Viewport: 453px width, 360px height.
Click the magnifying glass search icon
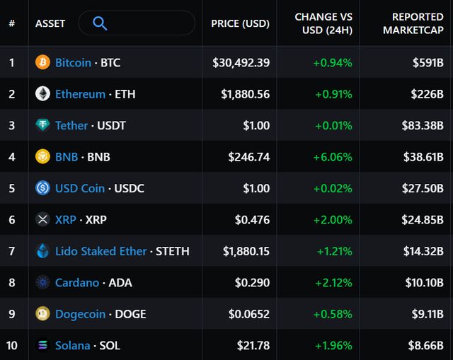tap(100, 23)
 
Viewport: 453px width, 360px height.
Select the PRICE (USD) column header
tap(240, 23)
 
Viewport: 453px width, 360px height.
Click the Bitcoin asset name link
tap(73, 63)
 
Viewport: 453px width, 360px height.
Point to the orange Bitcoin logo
tap(43, 63)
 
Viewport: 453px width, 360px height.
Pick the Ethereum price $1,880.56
tap(245, 94)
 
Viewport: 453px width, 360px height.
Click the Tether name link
tap(71, 126)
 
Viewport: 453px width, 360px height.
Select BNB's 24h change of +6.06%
tap(333, 157)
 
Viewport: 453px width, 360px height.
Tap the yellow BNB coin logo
tap(43, 157)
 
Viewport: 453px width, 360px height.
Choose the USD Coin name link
tap(80, 188)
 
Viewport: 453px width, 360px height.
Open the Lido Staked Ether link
tap(101, 251)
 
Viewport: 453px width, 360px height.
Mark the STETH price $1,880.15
tap(246, 251)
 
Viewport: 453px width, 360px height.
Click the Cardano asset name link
tap(77, 283)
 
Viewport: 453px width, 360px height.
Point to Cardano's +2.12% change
tap(333, 283)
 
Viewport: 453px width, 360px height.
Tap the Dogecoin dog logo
tap(43, 314)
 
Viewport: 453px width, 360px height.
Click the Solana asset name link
tap(73, 346)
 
